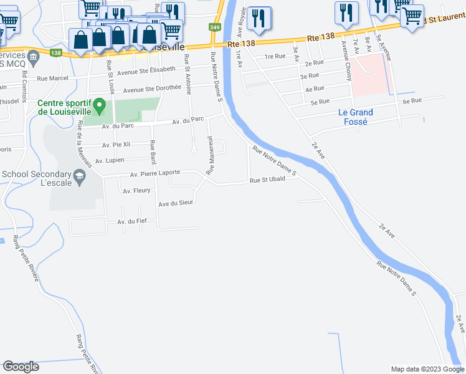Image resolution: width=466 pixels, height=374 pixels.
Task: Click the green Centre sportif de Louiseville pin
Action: pos(98,108)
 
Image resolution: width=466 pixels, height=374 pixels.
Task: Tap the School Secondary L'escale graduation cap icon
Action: pos(79,178)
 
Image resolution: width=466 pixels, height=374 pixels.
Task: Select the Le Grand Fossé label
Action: pos(356,117)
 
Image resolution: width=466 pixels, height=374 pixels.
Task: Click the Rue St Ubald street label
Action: pos(268,181)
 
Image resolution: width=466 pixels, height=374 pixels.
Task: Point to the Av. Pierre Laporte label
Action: pos(155,173)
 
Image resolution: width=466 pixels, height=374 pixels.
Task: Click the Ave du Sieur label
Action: pos(176,203)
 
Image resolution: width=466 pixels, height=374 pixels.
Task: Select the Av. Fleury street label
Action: pos(136,190)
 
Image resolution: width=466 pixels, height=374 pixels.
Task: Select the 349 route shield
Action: pos(215,27)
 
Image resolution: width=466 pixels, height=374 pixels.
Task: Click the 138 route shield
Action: pos(55,54)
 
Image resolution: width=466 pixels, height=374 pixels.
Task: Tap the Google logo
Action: pos(21,367)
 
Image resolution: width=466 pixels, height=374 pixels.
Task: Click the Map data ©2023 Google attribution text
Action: pos(427,369)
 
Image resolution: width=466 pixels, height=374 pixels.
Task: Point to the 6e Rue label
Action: pos(412,100)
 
